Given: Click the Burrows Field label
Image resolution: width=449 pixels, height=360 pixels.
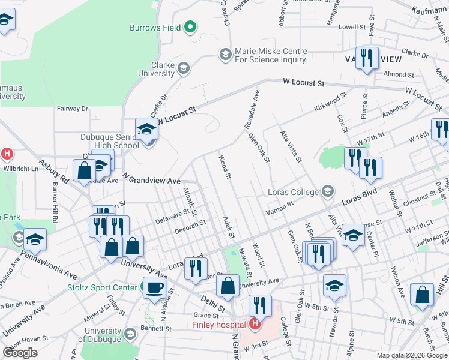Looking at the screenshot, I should [x=155, y=28].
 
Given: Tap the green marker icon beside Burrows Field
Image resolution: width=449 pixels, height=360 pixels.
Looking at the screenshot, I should [x=190, y=27].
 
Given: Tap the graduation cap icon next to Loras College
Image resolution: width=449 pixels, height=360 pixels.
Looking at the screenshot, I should [x=328, y=192].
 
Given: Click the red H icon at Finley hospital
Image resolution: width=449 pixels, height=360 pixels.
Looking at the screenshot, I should [x=255, y=325].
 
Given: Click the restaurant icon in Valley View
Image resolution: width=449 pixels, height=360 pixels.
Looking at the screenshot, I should [x=367, y=58].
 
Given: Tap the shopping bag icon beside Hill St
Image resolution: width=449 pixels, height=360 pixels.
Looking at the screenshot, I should [x=423, y=295].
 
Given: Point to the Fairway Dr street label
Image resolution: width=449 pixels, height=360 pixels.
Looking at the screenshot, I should [x=72, y=109].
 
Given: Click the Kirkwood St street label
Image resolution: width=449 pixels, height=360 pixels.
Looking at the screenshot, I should [x=330, y=102].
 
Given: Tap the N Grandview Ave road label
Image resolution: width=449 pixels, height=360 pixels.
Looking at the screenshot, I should [x=151, y=180].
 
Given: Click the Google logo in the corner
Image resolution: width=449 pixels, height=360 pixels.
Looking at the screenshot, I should [x=20, y=353].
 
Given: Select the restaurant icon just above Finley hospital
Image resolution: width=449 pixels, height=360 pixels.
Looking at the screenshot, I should [x=260, y=305].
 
